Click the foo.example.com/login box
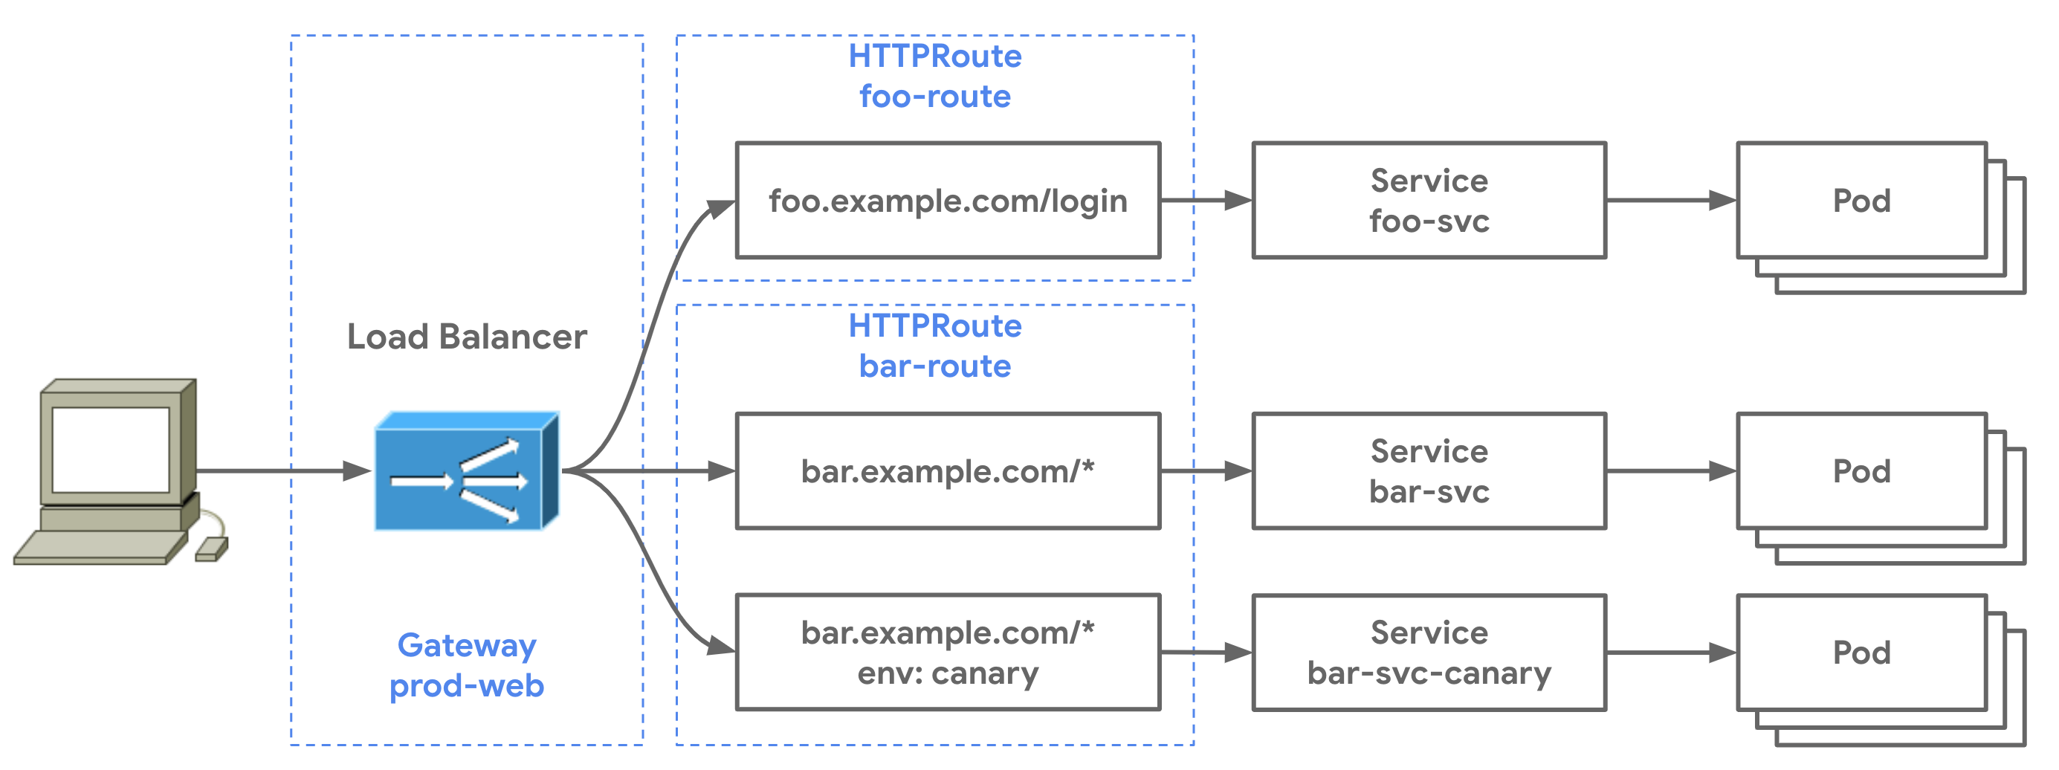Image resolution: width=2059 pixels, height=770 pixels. coord(947,200)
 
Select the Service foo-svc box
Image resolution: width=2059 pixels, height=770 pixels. coord(1429,200)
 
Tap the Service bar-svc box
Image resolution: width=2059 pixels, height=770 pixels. coord(1429,471)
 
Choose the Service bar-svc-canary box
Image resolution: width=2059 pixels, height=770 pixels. coord(1429,652)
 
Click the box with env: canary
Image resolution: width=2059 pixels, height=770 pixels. coord(947,652)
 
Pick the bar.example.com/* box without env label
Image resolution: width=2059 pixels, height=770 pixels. coord(947,471)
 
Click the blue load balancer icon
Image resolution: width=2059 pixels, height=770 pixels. coord(466,472)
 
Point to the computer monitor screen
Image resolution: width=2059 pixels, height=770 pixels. coord(110,450)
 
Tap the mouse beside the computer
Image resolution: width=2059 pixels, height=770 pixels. coord(211,549)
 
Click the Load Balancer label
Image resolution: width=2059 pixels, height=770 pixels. coord(466,337)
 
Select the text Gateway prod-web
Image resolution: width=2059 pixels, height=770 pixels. coord(466,665)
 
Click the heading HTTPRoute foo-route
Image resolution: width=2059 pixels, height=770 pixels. coord(934,76)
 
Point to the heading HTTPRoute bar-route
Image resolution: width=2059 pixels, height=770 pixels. coord(934,346)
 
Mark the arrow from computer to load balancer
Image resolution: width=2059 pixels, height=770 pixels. coord(279,471)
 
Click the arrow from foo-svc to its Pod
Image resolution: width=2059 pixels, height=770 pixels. coord(1670,200)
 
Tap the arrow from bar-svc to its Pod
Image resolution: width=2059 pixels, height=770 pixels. coord(1670,471)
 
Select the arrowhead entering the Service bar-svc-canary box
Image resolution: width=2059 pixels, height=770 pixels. coord(1238,653)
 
